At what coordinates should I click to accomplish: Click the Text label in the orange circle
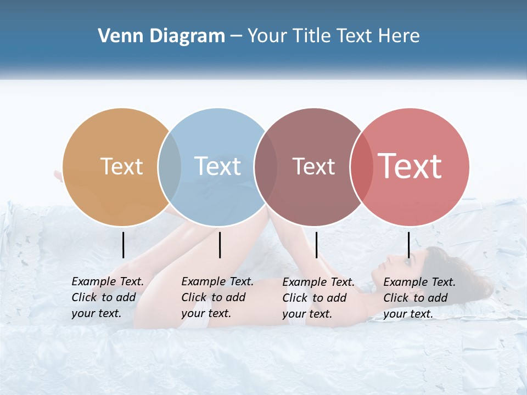pyautogui.click(x=121, y=166)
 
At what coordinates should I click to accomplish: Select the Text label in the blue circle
pyautogui.click(x=218, y=166)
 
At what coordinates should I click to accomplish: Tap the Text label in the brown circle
pyautogui.click(x=313, y=166)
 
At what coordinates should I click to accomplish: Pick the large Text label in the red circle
pyautogui.click(x=410, y=166)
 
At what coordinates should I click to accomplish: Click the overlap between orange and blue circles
pyautogui.click(x=170, y=167)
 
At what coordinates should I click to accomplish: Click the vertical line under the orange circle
pyautogui.click(x=123, y=245)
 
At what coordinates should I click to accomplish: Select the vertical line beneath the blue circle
pyautogui.click(x=220, y=245)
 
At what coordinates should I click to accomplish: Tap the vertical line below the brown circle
pyautogui.click(x=316, y=245)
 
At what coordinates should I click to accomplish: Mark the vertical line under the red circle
pyautogui.click(x=408, y=245)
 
